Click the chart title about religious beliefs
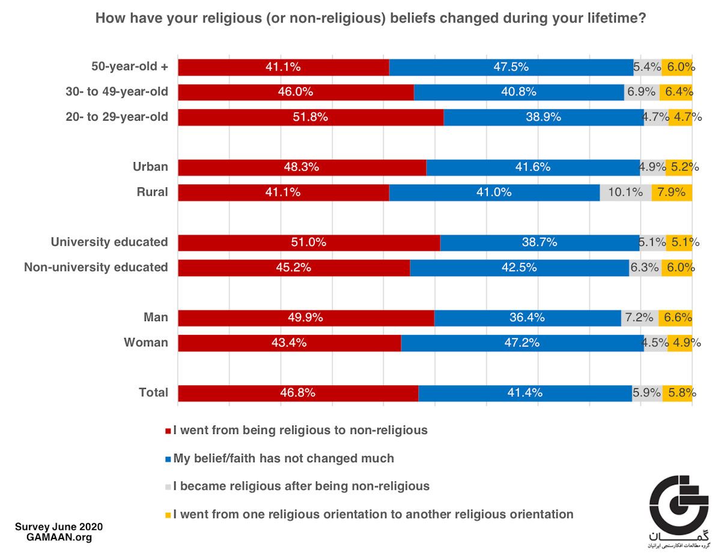[x=371, y=19]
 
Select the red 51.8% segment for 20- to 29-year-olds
[x=311, y=117]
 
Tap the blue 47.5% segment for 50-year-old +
[x=511, y=67]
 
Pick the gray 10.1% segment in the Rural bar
[x=625, y=193]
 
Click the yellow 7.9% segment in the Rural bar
[x=672, y=193]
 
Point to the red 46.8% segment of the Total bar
[x=298, y=393]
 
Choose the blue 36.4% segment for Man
[x=527, y=318]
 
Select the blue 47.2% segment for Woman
[x=522, y=343]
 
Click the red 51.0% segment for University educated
[x=309, y=242]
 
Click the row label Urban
[x=150, y=167]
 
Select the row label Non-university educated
[x=96, y=268]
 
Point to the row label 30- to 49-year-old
[x=117, y=92]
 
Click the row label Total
[x=153, y=393]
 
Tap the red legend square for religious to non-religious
[x=168, y=431]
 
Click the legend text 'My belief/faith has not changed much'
[x=284, y=459]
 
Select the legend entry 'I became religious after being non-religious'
[x=301, y=486]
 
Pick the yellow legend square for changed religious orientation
[x=168, y=515]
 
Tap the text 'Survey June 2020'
[x=59, y=527]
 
